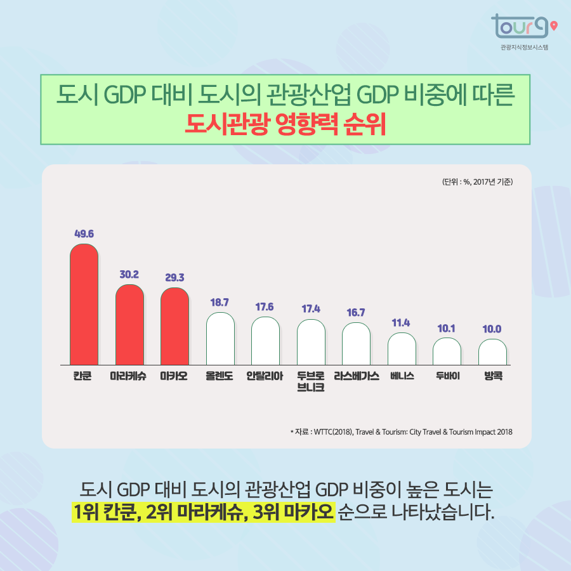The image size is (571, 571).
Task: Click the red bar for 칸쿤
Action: click(84, 305)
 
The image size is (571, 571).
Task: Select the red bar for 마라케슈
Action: click(129, 325)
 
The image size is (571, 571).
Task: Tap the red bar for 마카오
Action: click(174, 326)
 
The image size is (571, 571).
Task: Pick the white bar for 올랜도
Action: click(220, 339)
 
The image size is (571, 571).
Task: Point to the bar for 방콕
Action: click(492, 352)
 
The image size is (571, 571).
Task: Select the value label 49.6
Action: click(84, 233)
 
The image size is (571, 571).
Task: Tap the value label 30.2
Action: click(129, 275)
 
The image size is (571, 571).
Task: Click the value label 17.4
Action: click(311, 309)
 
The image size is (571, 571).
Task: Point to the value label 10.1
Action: click(447, 328)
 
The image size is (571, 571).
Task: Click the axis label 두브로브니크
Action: click(311, 381)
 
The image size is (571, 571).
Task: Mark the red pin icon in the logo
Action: click(555, 26)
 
